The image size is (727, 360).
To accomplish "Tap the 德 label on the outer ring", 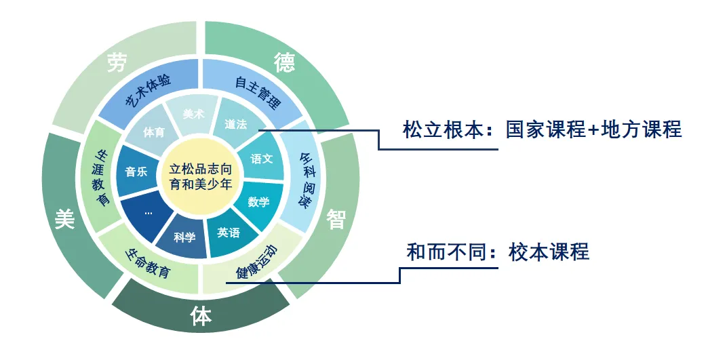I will coord(284,62).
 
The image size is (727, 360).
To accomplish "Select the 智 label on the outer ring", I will coord(336,219).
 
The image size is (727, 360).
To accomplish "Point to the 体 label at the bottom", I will coord(201,316).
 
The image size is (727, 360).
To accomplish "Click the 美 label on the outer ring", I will coord(64,218).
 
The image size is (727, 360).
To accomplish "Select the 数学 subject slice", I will coord(258,201).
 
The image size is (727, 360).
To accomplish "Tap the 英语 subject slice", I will coord(229,233).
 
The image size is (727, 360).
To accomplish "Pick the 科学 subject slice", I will coord(184,237).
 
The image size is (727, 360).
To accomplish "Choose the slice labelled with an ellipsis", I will coord(148,212).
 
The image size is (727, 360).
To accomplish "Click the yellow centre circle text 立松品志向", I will coord(200,169).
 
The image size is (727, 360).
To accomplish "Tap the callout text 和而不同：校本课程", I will coord(497,252).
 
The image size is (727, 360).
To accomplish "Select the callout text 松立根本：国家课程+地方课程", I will coord(542,129).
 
